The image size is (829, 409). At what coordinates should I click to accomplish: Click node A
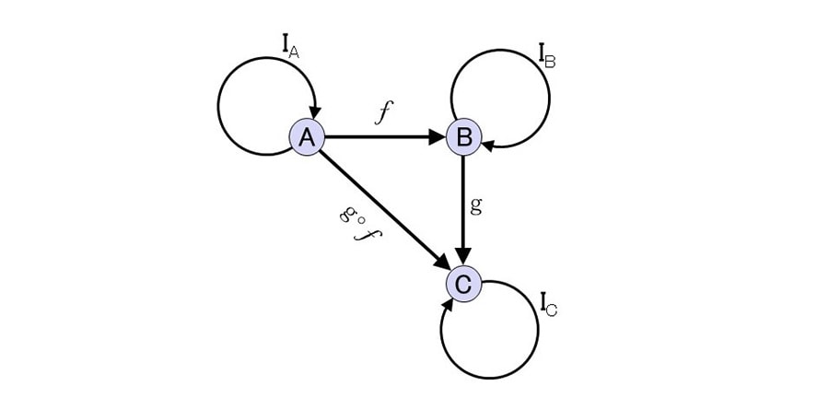click(x=307, y=137)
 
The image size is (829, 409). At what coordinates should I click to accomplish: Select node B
click(x=463, y=137)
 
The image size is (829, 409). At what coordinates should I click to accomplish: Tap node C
click(x=463, y=284)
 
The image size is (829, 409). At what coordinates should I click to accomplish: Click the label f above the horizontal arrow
click(x=384, y=112)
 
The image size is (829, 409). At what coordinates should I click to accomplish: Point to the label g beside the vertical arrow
click(x=475, y=204)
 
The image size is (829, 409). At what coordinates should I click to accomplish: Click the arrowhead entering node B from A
click(x=438, y=137)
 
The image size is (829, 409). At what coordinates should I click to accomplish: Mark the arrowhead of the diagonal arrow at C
click(x=442, y=262)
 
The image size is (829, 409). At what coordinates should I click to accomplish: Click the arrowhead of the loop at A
click(x=315, y=112)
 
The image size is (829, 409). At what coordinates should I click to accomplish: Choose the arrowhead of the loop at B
click(x=488, y=144)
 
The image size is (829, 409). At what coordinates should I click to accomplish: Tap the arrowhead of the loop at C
click(x=448, y=305)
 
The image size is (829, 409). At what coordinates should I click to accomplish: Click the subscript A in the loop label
click(x=294, y=53)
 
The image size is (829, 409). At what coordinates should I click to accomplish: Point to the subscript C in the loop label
click(x=552, y=310)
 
